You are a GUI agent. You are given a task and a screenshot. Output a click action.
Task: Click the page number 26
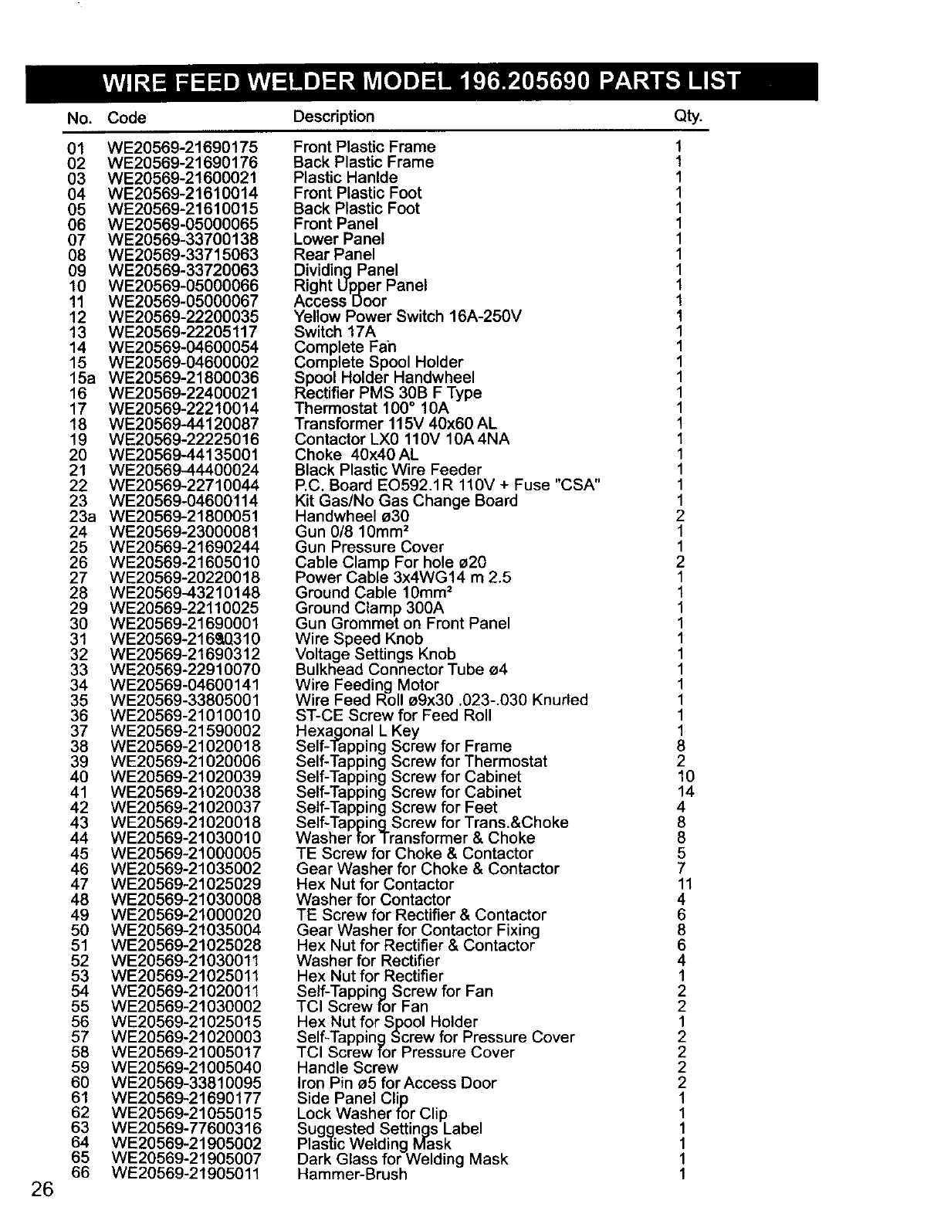(x=42, y=1189)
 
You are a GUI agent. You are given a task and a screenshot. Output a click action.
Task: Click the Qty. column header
(x=689, y=117)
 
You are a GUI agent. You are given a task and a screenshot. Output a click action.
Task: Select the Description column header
(x=333, y=117)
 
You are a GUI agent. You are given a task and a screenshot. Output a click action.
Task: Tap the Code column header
(x=127, y=117)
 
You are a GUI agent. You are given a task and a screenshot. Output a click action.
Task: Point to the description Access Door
(x=340, y=301)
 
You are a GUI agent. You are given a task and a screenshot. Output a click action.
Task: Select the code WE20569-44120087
(x=184, y=424)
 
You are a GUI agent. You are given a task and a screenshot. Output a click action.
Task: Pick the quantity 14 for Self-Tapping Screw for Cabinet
(x=685, y=792)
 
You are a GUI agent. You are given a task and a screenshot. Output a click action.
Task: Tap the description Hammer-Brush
(x=351, y=1175)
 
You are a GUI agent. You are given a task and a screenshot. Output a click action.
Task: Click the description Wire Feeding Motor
(x=367, y=685)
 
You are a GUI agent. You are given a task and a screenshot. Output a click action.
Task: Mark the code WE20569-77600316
(x=186, y=1128)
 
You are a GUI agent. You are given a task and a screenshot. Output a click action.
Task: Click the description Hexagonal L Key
(x=357, y=731)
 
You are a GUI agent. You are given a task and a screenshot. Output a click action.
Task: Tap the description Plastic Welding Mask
(x=374, y=1144)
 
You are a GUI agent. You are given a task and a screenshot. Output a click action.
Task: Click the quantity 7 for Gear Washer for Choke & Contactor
(x=681, y=868)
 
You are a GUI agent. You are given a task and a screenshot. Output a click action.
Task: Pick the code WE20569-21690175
(x=183, y=148)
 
